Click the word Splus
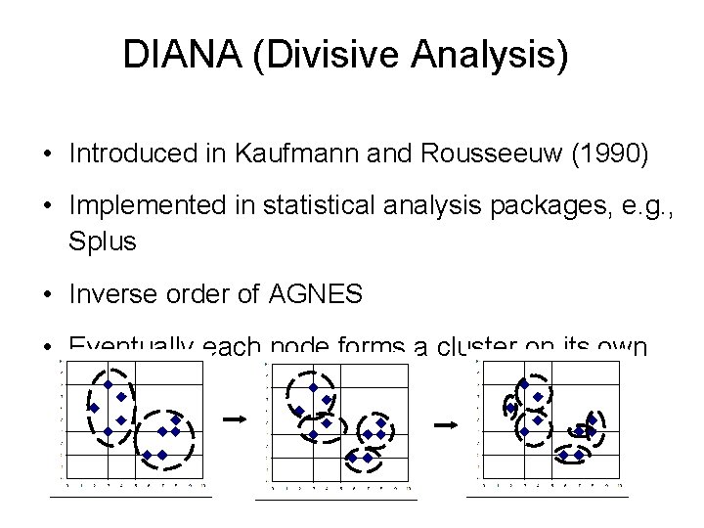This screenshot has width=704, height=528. click(102, 240)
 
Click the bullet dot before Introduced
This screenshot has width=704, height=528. click(46, 154)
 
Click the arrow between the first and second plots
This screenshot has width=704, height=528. click(235, 418)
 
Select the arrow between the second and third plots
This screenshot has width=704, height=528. click(446, 424)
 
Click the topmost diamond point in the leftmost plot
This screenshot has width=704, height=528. click(108, 384)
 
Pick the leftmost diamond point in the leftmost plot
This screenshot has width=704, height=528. click(94, 407)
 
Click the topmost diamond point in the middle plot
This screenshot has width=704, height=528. click(312, 387)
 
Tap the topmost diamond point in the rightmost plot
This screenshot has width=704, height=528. click(523, 384)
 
